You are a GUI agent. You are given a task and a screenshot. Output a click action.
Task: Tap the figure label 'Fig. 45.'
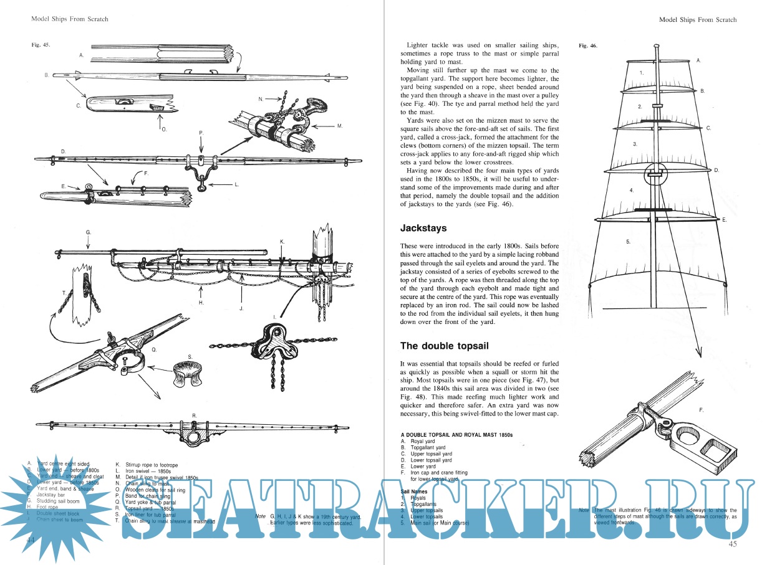pos(41,45)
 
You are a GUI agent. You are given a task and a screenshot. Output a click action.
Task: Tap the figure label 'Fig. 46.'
pos(588,46)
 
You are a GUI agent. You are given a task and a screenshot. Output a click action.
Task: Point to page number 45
pos(732,545)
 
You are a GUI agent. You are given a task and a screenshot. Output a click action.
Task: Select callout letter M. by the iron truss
pos(340,126)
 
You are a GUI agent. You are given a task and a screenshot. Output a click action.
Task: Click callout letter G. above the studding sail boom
pos(89,232)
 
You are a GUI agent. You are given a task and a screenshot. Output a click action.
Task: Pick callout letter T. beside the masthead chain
pos(65,292)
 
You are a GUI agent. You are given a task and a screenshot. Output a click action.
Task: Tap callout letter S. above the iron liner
pos(190,357)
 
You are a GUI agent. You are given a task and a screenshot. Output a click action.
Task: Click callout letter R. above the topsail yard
pos(195,414)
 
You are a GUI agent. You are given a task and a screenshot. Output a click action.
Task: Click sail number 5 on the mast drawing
pos(628,240)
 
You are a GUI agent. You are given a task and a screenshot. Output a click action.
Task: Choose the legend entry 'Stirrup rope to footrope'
pos(152,465)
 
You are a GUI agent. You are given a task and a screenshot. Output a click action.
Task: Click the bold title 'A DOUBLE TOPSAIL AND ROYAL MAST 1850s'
pos(456,434)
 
